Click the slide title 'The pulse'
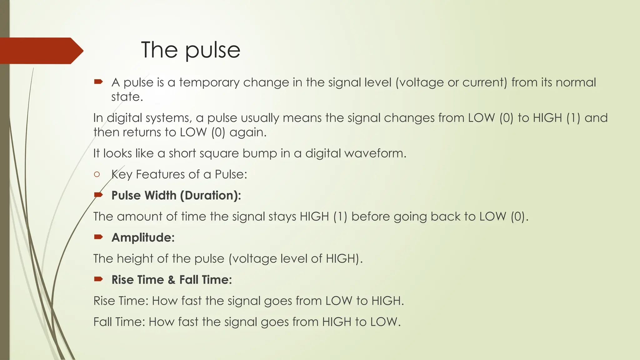[x=191, y=50]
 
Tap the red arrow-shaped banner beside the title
[x=41, y=51]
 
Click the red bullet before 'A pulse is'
[x=98, y=82]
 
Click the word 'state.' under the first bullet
[x=127, y=97]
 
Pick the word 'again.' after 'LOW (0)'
[x=248, y=132]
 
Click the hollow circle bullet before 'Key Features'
[x=97, y=174]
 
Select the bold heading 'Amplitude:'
[x=143, y=237]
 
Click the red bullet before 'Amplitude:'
[x=98, y=237]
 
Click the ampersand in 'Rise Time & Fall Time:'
[x=171, y=280]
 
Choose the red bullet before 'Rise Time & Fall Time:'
[x=98, y=279]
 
